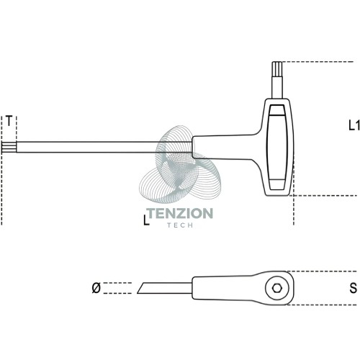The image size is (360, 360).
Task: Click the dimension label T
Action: pyautogui.click(x=9, y=121)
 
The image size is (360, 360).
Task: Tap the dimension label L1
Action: pyautogui.click(x=354, y=125)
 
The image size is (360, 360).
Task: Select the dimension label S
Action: pyautogui.click(x=353, y=288)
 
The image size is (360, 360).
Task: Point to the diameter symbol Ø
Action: pyautogui.click(x=96, y=288)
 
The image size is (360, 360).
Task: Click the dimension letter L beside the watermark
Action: pyautogui.click(x=146, y=220)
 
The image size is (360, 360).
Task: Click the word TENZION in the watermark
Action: pyautogui.click(x=180, y=213)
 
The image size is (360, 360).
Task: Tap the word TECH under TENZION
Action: pyautogui.click(x=180, y=225)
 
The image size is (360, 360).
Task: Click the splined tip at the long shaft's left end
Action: pyautogui.click(x=9, y=147)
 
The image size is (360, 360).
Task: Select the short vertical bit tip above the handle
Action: pyautogui.click(x=277, y=70)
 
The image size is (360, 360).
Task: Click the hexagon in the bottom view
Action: pyautogui.click(x=277, y=288)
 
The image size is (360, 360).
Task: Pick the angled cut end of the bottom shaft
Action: pyautogui.click(x=141, y=288)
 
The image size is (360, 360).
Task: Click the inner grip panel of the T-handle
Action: pyautogui.click(x=277, y=147)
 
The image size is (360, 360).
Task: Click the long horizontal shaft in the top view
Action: pyautogui.click(x=104, y=147)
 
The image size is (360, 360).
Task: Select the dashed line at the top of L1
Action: pyautogui.click(x=318, y=62)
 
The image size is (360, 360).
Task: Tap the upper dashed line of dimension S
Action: pyautogui.click(x=323, y=271)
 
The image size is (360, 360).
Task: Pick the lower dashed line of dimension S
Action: pyautogui.click(x=322, y=305)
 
